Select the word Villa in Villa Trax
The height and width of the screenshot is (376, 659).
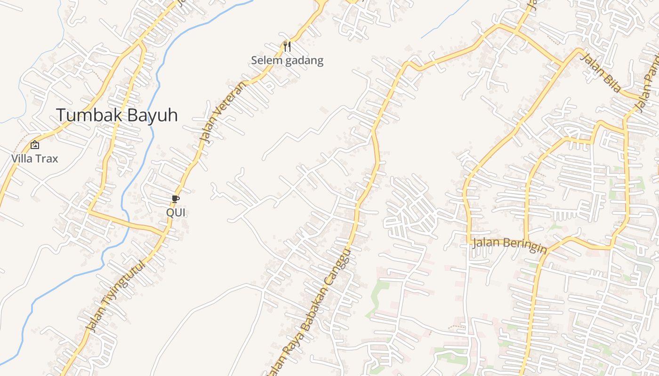point(21,158)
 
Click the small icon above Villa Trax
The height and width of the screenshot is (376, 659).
point(34,145)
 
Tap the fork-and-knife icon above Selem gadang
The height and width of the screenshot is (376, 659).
point(287,46)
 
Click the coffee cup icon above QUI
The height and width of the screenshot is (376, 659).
point(175,199)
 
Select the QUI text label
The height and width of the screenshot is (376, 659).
point(176,212)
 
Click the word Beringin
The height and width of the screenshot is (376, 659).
point(524,245)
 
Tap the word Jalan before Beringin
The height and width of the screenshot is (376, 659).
point(486,243)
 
